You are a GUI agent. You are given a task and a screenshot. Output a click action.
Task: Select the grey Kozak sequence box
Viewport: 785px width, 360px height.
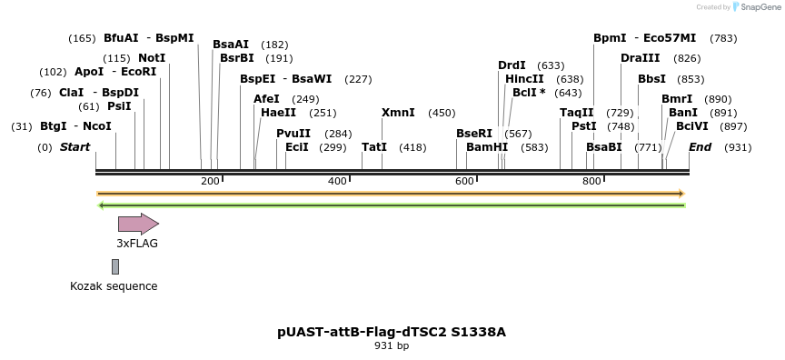click(115, 266)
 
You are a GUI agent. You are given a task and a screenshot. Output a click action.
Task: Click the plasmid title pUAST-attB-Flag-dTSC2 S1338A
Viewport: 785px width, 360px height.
click(392, 332)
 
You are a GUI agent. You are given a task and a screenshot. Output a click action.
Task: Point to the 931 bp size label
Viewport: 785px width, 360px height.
click(392, 345)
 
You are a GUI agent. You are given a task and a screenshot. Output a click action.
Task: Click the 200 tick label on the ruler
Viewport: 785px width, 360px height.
click(210, 181)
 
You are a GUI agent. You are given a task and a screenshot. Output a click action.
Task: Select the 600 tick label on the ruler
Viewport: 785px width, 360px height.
click(464, 181)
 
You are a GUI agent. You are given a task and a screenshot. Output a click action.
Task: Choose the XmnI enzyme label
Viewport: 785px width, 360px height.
click(398, 113)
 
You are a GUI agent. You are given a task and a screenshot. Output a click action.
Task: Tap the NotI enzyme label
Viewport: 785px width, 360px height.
click(152, 58)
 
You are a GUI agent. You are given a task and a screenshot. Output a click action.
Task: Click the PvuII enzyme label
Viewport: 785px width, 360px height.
click(293, 133)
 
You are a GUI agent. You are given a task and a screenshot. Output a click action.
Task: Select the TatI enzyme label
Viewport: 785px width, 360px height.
click(374, 146)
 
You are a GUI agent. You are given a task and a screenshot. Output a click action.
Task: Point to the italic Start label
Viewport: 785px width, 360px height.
click(75, 146)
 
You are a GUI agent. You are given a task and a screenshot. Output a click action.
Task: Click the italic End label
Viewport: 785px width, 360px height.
click(700, 146)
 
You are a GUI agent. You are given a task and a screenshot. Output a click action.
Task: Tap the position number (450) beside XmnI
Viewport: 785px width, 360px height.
click(442, 113)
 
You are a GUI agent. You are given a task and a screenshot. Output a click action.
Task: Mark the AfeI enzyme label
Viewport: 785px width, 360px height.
click(266, 99)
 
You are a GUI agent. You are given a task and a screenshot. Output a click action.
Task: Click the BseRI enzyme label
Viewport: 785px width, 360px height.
click(473, 133)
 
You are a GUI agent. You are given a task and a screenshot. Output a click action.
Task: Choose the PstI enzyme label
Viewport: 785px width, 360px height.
click(583, 126)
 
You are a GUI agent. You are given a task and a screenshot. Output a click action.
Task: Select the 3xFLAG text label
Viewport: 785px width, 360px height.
click(137, 244)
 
